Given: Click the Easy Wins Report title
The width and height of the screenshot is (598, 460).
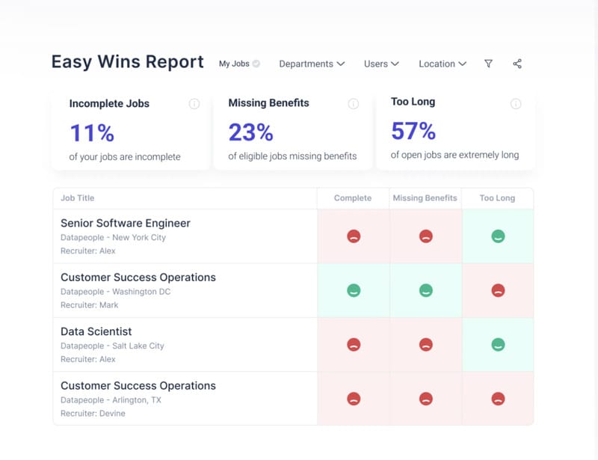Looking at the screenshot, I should (x=127, y=62).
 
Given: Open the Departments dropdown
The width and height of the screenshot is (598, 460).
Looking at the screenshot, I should (x=311, y=64).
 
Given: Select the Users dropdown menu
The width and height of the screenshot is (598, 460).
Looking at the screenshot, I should (x=381, y=64).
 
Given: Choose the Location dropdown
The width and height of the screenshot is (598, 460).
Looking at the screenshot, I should (x=442, y=64).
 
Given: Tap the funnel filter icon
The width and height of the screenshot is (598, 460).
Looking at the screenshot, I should (x=489, y=64).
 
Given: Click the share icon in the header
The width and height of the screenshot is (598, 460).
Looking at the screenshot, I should (x=517, y=64).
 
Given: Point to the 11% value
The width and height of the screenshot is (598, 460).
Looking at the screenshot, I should (x=92, y=133).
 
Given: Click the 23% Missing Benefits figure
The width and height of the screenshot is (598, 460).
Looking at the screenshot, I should (x=250, y=132).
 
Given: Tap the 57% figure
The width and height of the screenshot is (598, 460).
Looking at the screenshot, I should (x=413, y=131).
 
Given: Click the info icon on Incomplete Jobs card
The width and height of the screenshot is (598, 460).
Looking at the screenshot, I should (x=194, y=104).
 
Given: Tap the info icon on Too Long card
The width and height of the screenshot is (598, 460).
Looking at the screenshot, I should (x=516, y=104).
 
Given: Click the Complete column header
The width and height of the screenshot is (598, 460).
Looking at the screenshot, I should (x=352, y=198).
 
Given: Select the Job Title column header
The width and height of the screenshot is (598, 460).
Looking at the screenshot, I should (x=78, y=198).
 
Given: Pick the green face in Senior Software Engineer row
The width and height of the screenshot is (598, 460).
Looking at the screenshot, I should (x=498, y=236).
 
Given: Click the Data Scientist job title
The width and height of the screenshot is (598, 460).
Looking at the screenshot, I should (x=96, y=331).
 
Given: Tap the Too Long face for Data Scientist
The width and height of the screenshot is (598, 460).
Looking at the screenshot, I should (x=498, y=345).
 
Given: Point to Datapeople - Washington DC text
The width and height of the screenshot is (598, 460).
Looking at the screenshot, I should (x=115, y=292).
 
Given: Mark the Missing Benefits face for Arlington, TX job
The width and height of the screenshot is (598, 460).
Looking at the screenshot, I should (x=425, y=399).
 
